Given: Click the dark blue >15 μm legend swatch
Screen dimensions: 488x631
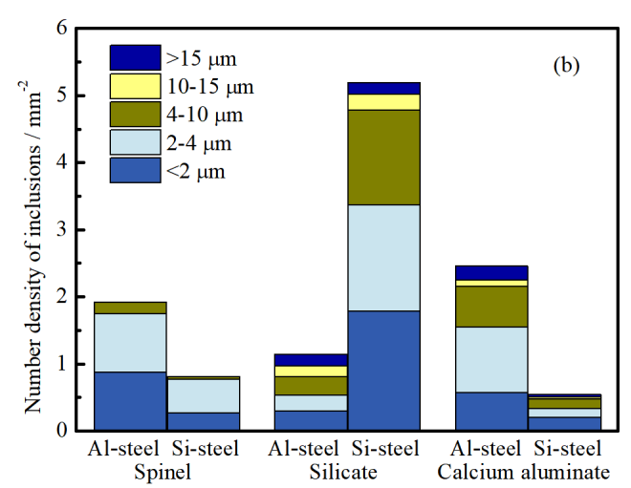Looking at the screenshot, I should [x=134, y=57].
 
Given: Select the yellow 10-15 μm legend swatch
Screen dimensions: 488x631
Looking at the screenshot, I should [x=134, y=87].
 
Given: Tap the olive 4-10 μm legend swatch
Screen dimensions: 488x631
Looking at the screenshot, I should [x=134, y=116].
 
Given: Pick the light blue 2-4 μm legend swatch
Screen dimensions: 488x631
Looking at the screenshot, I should [x=134, y=144].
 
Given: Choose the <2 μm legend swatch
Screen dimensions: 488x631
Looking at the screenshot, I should [x=134, y=172].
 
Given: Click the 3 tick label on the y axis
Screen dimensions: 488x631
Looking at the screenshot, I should [x=61, y=230].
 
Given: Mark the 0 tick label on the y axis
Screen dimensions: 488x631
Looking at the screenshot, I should [x=61, y=431].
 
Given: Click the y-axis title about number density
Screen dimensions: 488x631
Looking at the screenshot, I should [x=33, y=230].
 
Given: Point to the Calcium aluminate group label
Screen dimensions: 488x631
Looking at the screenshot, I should [x=524, y=472].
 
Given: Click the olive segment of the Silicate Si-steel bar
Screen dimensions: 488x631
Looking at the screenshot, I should [x=383, y=157].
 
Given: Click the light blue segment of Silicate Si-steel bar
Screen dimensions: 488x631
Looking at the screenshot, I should [x=383, y=258].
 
